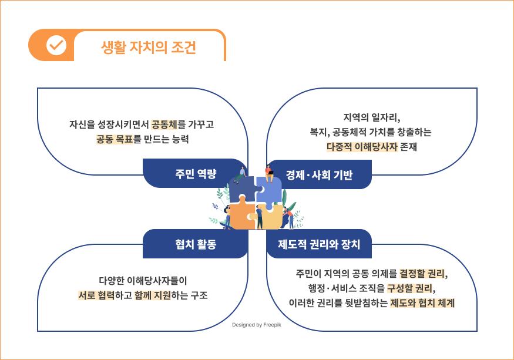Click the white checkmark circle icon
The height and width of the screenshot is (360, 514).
click(56, 45)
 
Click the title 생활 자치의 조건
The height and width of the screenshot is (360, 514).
click(149, 48)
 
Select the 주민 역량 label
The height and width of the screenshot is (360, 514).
click(196, 173)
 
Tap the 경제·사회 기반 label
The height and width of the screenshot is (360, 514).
click(320, 175)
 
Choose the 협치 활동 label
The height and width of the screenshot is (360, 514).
click(196, 244)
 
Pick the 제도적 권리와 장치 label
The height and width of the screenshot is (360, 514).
click(319, 244)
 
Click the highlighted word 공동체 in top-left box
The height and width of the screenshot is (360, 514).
click(164, 125)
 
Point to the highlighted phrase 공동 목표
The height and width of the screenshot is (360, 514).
click(115, 139)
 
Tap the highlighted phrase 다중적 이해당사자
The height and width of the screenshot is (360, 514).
click(362, 147)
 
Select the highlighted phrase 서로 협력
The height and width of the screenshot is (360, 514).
click(96, 295)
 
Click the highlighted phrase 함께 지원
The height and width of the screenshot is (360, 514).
click(153, 295)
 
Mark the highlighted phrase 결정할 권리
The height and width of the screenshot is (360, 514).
click(422, 274)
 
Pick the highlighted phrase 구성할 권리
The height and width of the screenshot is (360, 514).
click(410, 288)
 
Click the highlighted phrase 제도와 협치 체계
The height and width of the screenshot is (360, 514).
click(422, 303)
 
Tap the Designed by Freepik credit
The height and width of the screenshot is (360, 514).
click(257, 325)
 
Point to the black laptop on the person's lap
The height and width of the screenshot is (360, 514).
click(270, 172)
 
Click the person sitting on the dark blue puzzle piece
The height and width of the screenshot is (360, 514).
click(240, 175)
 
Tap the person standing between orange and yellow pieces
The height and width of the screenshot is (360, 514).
click(259, 217)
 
